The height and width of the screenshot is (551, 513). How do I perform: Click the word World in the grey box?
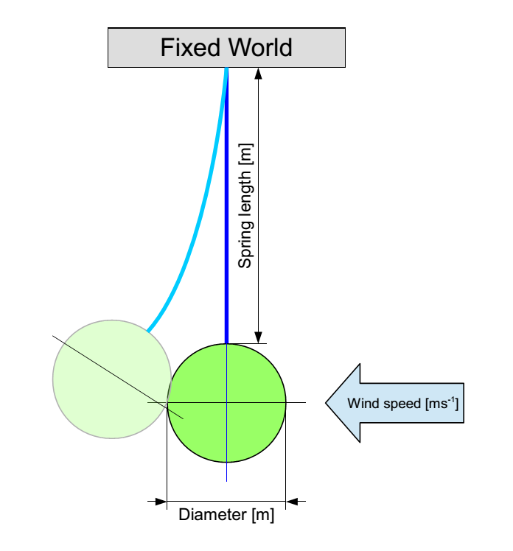click(x=259, y=48)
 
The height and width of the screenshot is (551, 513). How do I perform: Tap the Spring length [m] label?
click(x=246, y=206)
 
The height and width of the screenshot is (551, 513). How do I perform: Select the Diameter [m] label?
click(x=226, y=515)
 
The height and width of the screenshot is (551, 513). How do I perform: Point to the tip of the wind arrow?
click(x=327, y=403)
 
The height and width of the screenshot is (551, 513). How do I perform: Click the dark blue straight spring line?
click(x=226, y=221)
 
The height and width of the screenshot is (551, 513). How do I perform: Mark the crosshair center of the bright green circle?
click(x=226, y=403)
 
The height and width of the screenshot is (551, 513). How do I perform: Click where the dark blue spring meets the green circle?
click(x=226, y=343)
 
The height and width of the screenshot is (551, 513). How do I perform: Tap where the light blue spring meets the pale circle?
click(x=147, y=331)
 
